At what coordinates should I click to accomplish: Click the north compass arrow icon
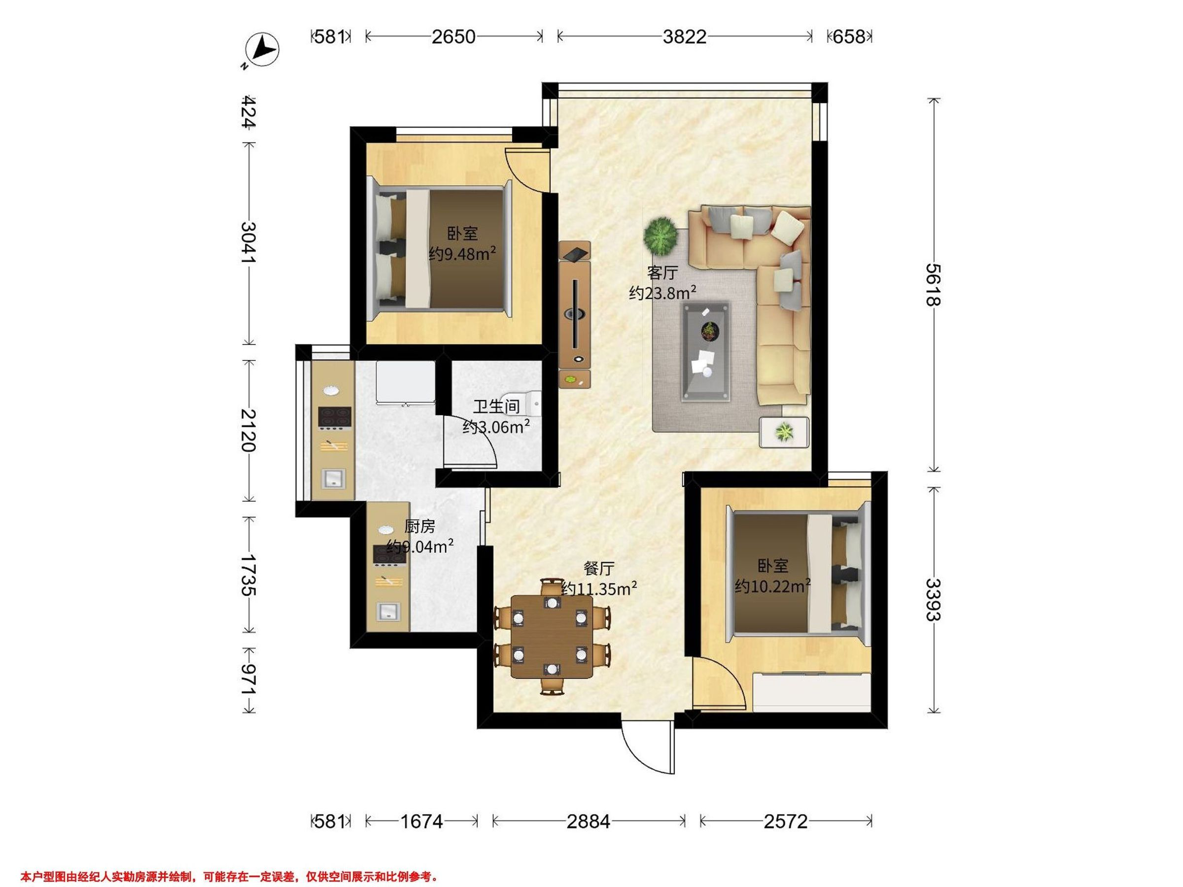262,50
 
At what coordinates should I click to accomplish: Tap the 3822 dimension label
685,37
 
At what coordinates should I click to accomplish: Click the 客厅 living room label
662,273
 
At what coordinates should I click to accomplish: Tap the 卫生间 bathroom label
496,407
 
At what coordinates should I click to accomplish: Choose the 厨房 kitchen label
419,527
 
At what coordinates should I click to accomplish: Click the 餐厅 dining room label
599,568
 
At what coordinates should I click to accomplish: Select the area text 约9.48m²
462,253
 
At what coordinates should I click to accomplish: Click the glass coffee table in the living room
706,352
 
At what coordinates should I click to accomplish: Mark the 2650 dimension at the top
453,37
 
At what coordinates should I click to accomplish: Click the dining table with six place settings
552,636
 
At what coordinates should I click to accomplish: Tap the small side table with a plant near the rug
785,432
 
